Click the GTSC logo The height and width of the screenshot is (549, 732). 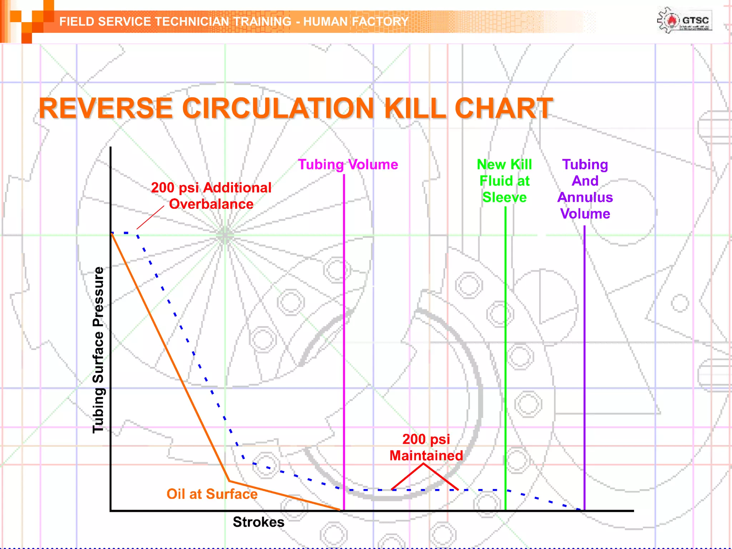tap(684, 21)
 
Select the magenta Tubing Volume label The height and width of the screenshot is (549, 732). tap(348, 164)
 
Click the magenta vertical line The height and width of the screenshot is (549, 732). tap(344, 322)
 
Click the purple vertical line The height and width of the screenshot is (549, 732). tap(584, 357)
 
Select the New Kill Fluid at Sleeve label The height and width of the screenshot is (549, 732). tap(504, 181)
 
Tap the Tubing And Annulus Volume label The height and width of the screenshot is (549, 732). tap(585, 189)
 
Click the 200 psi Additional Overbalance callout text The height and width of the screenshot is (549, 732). tap(211, 196)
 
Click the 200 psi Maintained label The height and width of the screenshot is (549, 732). tap(426, 447)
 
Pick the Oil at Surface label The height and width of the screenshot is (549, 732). tap(212, 494)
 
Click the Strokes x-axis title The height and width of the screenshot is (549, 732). tap(258, 522)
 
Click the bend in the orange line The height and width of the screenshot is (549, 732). tap(229, 481)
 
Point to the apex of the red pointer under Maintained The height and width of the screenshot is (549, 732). tap(424, 464)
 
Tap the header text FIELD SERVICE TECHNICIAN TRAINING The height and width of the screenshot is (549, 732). tap(175, 21)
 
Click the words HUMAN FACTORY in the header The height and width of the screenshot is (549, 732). tap(356, 21)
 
